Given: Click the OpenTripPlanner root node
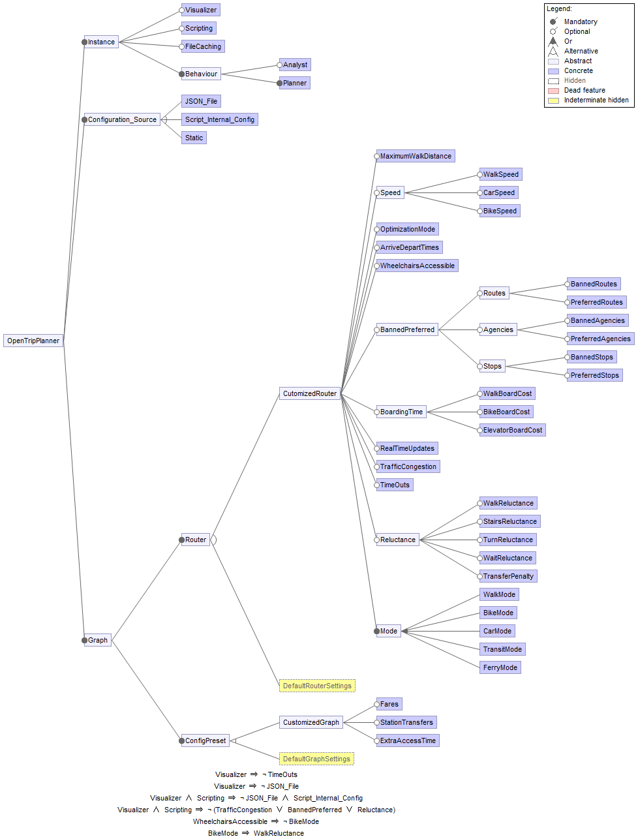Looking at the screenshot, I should click(33, 341).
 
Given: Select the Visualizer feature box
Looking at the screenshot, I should click(201, 10).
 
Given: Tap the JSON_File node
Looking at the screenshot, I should click(201, 101).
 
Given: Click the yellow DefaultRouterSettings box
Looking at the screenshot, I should click(317, 686).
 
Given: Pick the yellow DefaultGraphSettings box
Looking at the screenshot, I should click(316, 759).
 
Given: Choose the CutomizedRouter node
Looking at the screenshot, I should click(310, 393).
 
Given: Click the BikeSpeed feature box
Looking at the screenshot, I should click(500, 211).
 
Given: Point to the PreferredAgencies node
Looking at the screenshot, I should click(600, 339).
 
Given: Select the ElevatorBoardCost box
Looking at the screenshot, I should click(513, 430).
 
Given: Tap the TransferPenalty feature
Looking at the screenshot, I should click(508, 576).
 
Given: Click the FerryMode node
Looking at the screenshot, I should click(500, 667).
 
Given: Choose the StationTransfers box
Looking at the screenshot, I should click(406, 722).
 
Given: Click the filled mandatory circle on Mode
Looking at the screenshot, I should click(377, 631).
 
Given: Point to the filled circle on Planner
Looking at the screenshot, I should click(280, 83).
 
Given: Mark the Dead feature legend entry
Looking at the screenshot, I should click(585, 90).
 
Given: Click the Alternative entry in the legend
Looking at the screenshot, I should click(581, 51).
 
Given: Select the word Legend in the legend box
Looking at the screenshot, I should click(559, 8).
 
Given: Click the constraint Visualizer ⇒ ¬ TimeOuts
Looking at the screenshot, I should click(256, 774).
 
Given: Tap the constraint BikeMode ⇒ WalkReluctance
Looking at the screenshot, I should click(256, 833).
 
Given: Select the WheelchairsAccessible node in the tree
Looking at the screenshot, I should click(418, 266).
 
